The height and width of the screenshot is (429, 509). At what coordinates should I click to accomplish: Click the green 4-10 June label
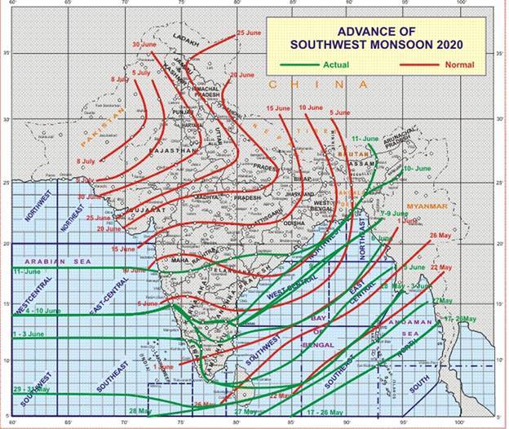(x=28, y=311)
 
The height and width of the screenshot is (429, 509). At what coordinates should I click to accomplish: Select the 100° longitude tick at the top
(x=462, y=5)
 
